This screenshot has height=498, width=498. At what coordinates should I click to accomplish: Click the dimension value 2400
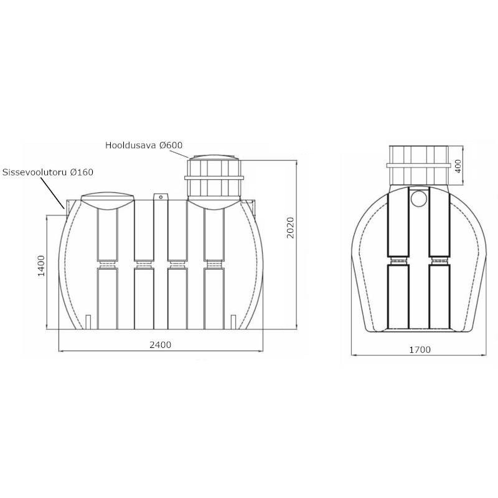pyautogui.click(x=161, y=345)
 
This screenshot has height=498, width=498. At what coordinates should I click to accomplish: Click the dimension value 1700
pyautogui.click(x=420, y=350)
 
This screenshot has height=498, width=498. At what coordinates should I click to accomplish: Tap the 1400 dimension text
pyautogui.click(x=42, y=266)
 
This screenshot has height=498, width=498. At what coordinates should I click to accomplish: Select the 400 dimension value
pyautogui.click(x=458, y=166)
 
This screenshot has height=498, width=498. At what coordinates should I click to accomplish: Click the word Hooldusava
pyautogui.click(x=131, y=145)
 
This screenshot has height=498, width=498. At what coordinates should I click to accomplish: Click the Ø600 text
pyautogui.click(x=171, y=145)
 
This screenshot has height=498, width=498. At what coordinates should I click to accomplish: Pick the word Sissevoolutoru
pyautogui.click(x=35, y=172)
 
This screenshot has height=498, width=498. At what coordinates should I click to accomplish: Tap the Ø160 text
pyautogui.click(x=82, y=172)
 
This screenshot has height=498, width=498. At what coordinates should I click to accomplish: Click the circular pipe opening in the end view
pyautogui.click(x=419, y=198)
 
